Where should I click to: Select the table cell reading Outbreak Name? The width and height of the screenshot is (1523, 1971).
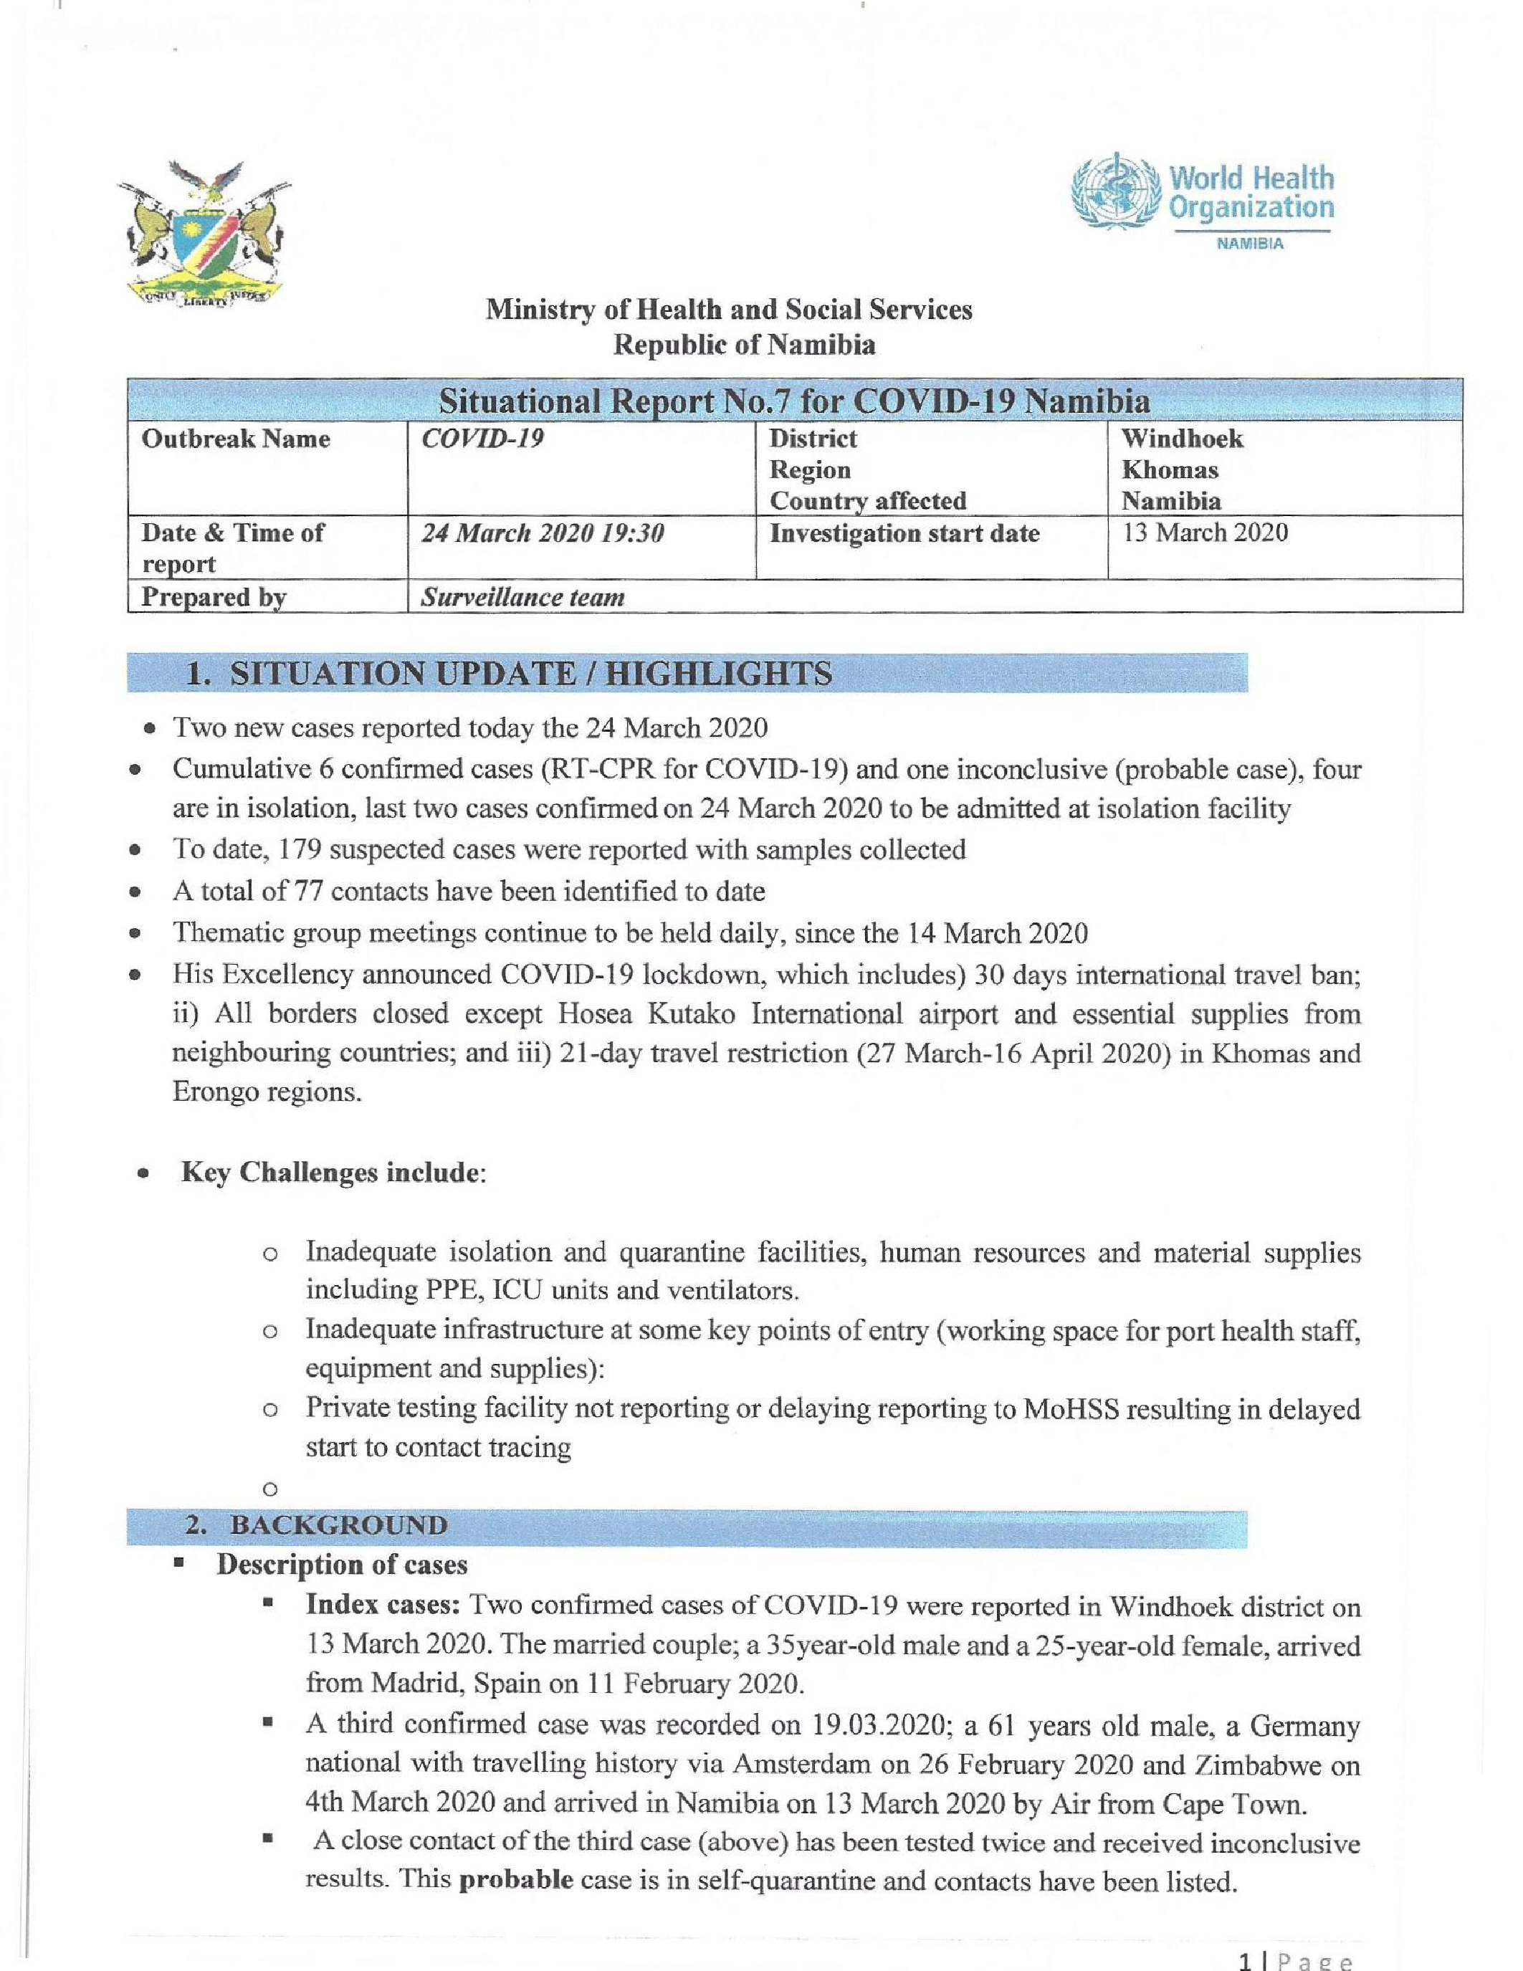pos(236,439)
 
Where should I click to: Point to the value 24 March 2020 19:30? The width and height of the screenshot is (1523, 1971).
pos(543,533)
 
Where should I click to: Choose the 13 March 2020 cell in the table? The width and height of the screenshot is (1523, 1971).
pos(1205,533)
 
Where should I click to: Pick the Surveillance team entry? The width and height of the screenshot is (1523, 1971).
pos(523,598)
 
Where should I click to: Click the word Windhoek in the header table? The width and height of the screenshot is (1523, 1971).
pos(1182,439)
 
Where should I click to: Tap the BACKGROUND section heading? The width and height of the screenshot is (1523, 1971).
pos(338,1525)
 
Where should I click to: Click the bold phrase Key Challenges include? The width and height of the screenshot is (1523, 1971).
pos(329,1173)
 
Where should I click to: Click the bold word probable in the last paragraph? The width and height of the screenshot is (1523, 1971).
pos(516,1881)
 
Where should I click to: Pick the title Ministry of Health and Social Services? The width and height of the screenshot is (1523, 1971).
pos(729,310)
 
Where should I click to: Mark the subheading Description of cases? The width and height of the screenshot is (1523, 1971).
pos(342,1564)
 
